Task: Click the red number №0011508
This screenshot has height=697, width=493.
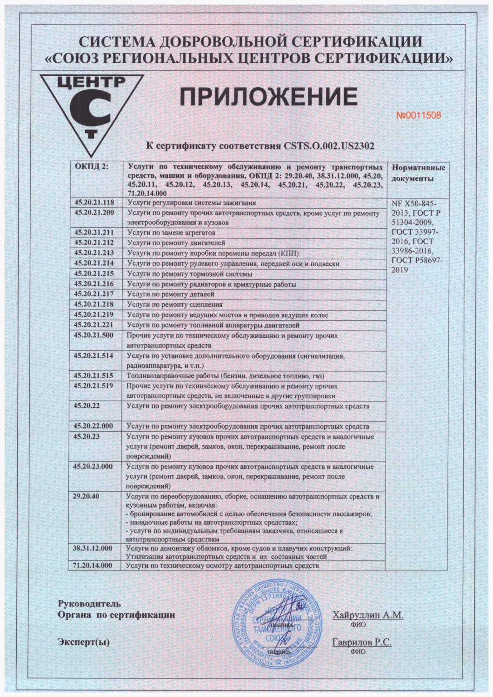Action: [419, 115]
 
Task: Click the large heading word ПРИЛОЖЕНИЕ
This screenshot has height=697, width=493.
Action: [268, 97]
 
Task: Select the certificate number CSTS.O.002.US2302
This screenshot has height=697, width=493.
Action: [329, 146]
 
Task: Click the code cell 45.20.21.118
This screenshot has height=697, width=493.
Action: [94, 203]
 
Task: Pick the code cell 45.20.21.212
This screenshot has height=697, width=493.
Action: [94, 243]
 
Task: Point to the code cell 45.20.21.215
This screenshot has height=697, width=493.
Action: [94, 274]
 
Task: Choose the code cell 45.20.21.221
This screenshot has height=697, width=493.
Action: [94, 325]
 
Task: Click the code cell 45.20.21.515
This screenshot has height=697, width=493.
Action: [94, 375]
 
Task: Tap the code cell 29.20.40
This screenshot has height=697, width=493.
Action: [87, 496]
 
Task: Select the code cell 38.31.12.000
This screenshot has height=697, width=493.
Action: [93, 548]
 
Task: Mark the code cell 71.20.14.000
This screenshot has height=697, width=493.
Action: [93, 565]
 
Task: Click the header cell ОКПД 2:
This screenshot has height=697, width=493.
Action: [91, 167]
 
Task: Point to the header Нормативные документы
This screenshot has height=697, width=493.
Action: [418, 173]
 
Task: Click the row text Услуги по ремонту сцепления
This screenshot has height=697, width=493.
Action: [175, 305]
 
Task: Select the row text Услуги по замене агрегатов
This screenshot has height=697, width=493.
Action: [171, 232]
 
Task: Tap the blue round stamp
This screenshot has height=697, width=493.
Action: [278, 624]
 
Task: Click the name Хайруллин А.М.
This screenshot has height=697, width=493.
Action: [368, 615]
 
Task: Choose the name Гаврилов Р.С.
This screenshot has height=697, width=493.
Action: [362, 642]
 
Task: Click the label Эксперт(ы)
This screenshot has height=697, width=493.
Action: [84, 642]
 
